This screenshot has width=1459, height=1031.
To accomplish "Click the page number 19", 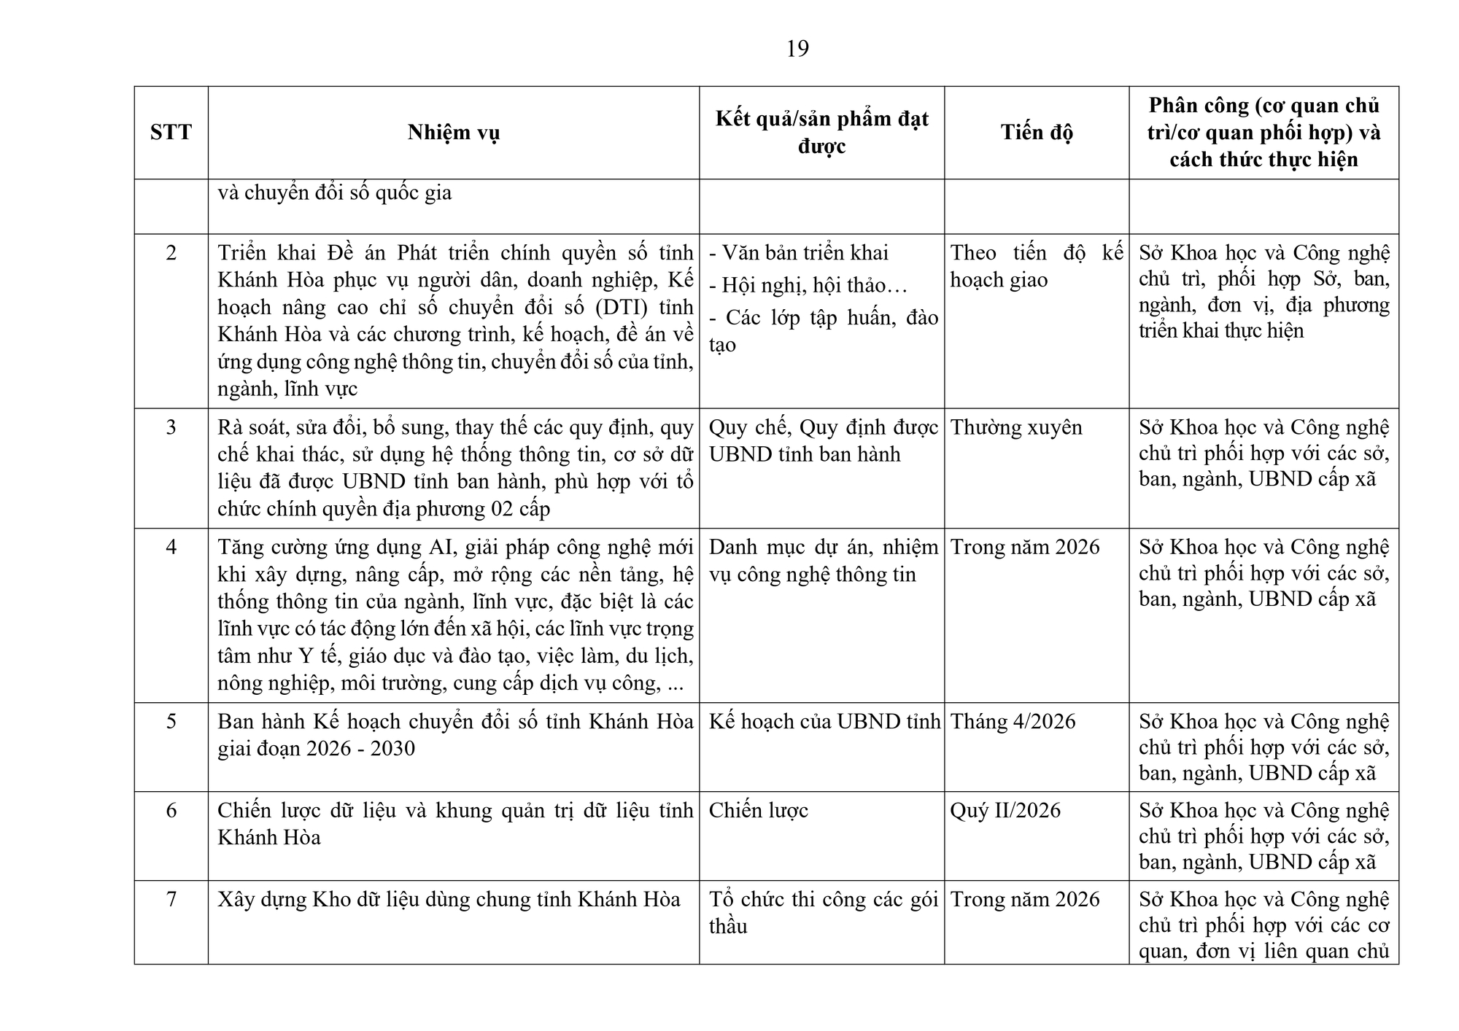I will click(x=797, y=49).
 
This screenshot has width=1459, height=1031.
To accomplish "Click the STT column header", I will click(x=171, y=133).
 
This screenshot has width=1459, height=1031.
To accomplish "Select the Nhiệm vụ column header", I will click(x=453, y=133).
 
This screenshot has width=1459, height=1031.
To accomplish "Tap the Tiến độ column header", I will click(x=1036, y=133).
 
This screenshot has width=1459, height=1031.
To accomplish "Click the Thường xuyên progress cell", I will click(x=1016, y=427).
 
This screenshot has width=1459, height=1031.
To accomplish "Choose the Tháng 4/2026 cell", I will click(x=1013, y=722).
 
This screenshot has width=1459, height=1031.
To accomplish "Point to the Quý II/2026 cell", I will click(x=1005, y=811).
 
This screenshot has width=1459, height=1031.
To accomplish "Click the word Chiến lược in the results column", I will click(x=759, y=811).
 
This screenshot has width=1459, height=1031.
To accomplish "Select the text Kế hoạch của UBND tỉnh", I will click(x=824, y=722).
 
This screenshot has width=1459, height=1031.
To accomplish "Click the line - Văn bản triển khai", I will click(x=799, y=253).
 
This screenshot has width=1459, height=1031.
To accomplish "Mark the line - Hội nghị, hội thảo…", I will click(x=808, y=285).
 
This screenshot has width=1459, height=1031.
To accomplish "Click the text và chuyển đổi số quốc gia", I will click(x=335, y=193).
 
